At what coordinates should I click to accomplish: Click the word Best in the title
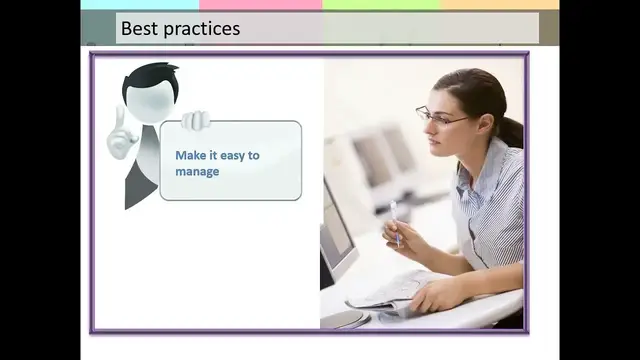click(138, 28)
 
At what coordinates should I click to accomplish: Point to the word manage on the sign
click(197, 171)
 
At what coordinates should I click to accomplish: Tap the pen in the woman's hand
click(394, 219)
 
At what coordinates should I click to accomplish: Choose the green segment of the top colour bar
click(381, 4)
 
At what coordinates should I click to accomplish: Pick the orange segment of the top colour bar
click(500, 4)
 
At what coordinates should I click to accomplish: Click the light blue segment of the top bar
click(140, 4)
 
